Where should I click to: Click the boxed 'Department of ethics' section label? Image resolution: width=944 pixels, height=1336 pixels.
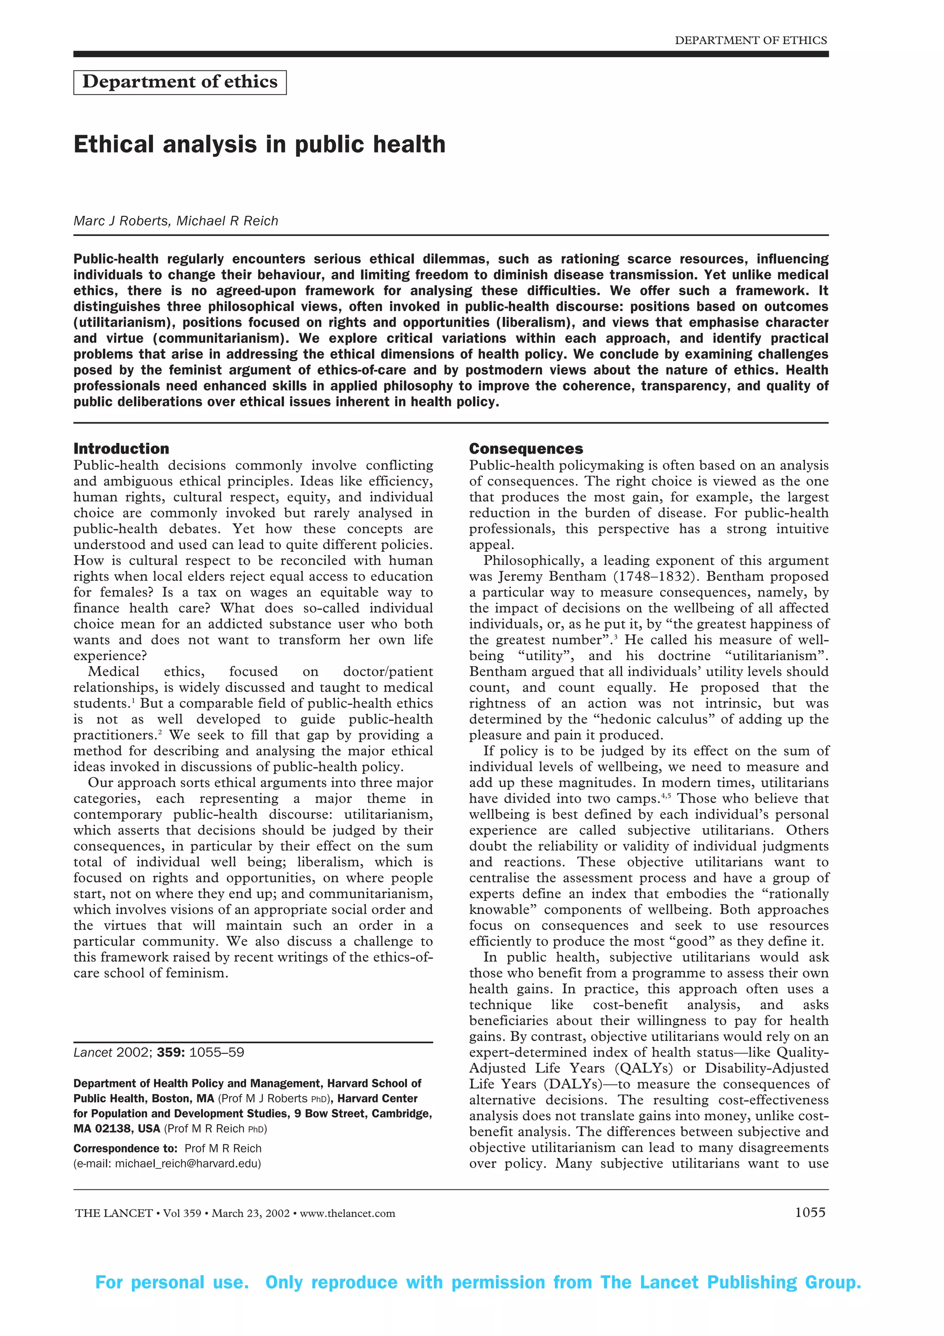coord(180,82)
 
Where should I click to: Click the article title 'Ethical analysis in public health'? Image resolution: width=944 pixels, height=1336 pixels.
coord(260,144)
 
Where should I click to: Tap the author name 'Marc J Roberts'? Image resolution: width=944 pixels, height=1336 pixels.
coord(120,221)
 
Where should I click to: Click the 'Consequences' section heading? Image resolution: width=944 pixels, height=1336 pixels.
coord(526,449)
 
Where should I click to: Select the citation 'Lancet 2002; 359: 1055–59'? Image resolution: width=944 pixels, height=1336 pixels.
coord(159,1052)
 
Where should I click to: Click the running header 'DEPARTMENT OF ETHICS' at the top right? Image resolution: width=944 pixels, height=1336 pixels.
coord(750,40)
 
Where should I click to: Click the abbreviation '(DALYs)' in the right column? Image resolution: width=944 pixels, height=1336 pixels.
coord(574,1084)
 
